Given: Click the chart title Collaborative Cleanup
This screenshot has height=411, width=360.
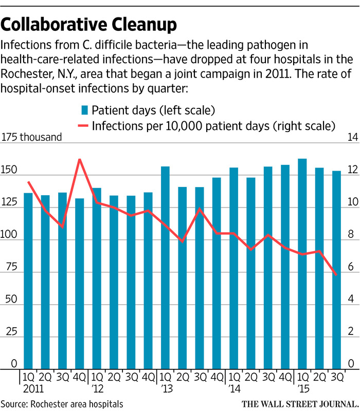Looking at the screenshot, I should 90,24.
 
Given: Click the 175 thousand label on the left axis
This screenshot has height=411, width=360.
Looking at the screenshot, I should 32,137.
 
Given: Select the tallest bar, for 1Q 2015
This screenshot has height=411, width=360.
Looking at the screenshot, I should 302,262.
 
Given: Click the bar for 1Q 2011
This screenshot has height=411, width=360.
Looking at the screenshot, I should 28,280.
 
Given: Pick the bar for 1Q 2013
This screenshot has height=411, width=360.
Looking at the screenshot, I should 165,267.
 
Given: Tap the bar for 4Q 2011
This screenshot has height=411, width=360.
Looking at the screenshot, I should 80,283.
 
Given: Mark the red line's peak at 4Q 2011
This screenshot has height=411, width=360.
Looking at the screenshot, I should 80,160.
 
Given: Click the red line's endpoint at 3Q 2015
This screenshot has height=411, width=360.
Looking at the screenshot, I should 336,275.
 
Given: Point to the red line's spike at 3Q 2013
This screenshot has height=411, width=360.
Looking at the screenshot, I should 200,209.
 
